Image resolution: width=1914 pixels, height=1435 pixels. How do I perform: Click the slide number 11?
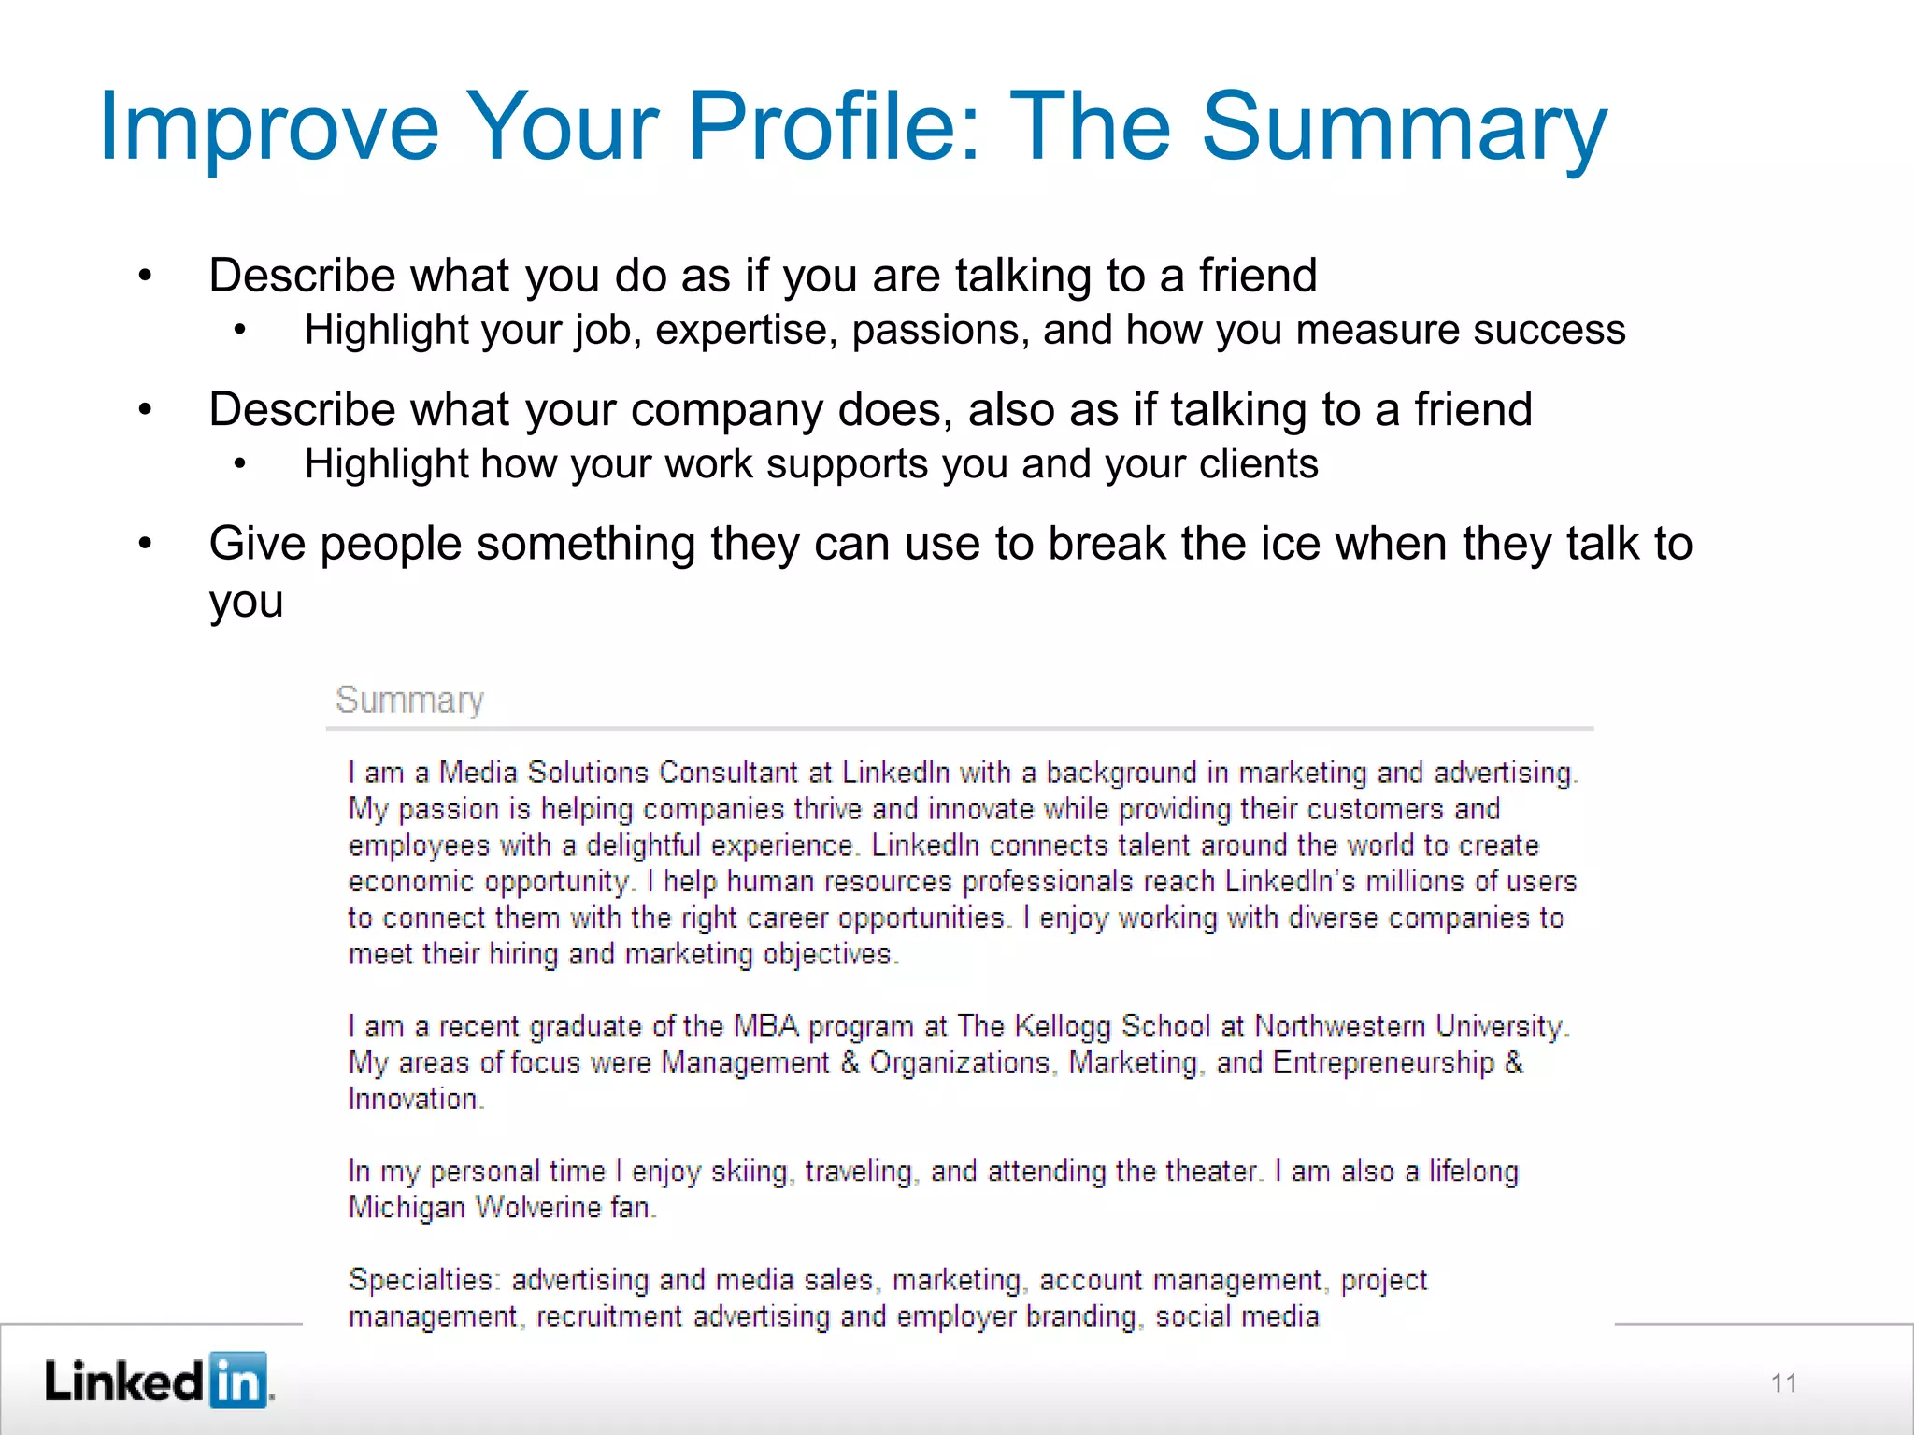pos(1783,1384)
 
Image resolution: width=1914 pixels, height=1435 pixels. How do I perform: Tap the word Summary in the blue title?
pos(1404,127)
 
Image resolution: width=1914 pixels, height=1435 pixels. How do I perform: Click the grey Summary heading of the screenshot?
pos(409,700)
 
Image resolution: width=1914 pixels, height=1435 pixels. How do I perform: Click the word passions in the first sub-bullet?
pos(940,331)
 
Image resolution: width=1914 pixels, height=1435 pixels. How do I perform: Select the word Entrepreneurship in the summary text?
pos(1383,1062)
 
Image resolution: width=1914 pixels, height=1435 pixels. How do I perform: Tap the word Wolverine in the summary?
pos(537,1207)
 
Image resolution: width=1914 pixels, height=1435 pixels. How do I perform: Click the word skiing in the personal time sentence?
pos(750,1172)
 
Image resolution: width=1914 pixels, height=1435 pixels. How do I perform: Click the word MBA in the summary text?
pos(765,1026)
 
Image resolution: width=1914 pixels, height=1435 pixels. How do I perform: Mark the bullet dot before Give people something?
pos(145,544)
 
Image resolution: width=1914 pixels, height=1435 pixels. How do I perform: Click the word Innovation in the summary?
pos(413,1099)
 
